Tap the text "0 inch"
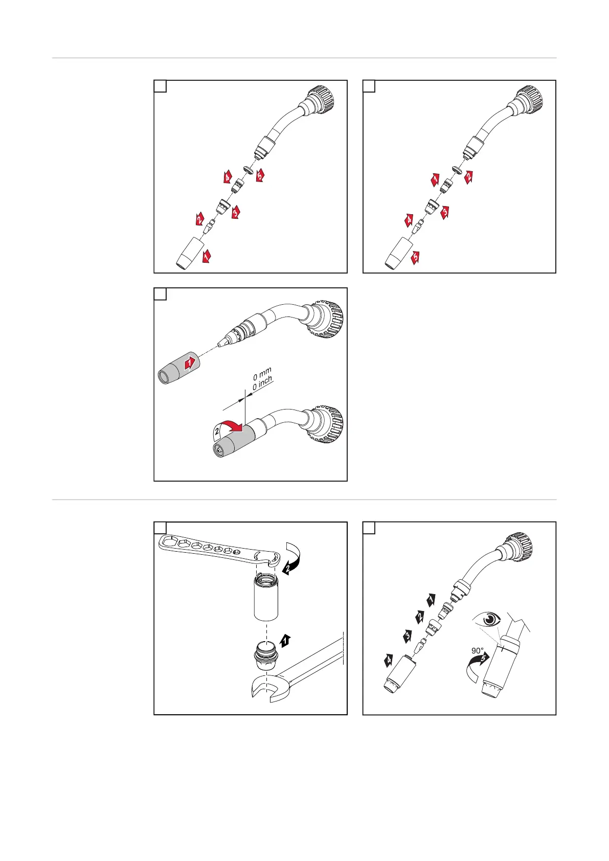(x=263, y=383)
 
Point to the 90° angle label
(x=477, y=651)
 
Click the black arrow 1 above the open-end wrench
(x=285, y=641)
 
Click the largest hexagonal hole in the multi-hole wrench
(x=169, y=541)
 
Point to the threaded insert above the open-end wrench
(x=264, y=655)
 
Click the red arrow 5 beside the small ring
(x=260, y=175)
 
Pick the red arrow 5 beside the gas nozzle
(x=415, y=258)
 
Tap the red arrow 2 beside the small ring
(x=468, y=177)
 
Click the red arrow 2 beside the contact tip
(x=199, y=219)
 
